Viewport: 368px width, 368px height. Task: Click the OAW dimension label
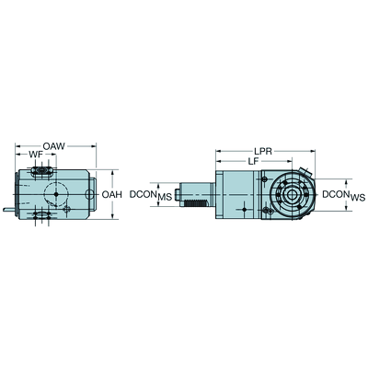[54, 146]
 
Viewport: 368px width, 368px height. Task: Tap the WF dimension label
[36, 155]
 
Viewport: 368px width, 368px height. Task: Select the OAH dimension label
[112, 194]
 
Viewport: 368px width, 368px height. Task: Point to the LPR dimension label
[263, 151]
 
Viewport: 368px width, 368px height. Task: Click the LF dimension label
[252, 161]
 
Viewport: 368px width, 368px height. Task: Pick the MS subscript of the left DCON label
[165, 198]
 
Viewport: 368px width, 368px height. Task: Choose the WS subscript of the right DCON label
[358, 198]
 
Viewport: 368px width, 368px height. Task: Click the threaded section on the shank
[197, 202]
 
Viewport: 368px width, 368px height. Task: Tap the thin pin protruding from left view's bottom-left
[9, 210]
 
